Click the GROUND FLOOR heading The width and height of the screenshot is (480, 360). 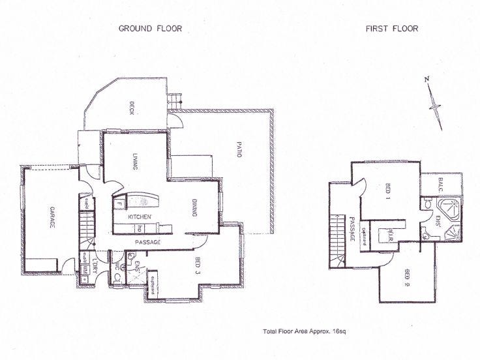tap(149, 29)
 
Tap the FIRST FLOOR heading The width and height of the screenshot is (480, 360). tap(391, 29)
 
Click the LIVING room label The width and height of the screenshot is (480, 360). tap(134, 160)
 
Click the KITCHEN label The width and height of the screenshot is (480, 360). tap(140, 217)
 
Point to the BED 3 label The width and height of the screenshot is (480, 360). tap(198, 267)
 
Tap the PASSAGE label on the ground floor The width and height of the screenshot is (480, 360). tap(148, 243)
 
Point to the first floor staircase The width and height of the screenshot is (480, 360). tap(338, 238)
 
